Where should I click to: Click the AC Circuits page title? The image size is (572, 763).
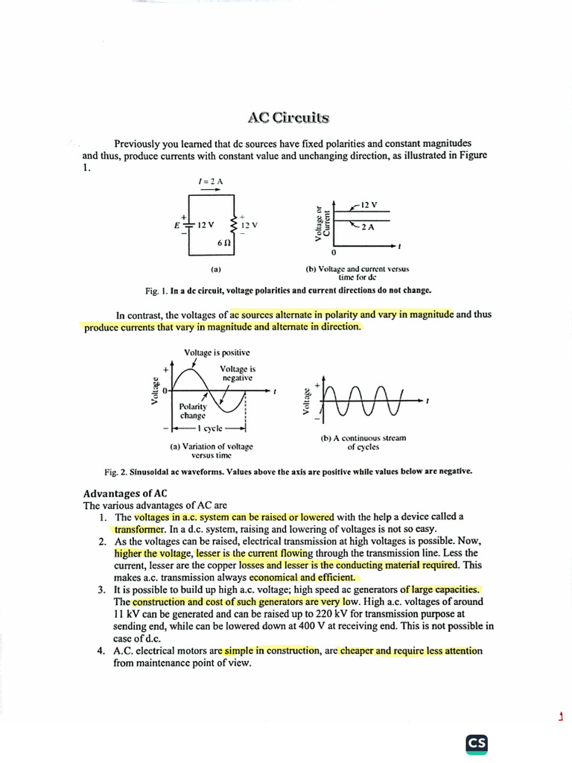click(x=287, y=118)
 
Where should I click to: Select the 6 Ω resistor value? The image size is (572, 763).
click(x=223, y=243)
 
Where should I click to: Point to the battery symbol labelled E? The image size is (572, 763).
click(x=188, y=224)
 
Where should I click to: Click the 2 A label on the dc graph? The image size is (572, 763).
click(x=368, y=227)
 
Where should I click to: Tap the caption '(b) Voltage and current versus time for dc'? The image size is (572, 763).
click(x=357, y=272)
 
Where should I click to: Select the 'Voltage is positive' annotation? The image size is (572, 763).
click(x=217, y=352)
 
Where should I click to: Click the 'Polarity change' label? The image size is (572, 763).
click(x=192, y=411)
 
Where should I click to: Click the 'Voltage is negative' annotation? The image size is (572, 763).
click(x=238, y=373)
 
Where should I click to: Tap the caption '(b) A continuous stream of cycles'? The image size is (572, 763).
click(x=363, y=442)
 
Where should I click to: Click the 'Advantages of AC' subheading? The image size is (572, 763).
click(x=125, y=493)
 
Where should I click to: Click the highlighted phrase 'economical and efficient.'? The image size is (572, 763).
click(x=302, y=577)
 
